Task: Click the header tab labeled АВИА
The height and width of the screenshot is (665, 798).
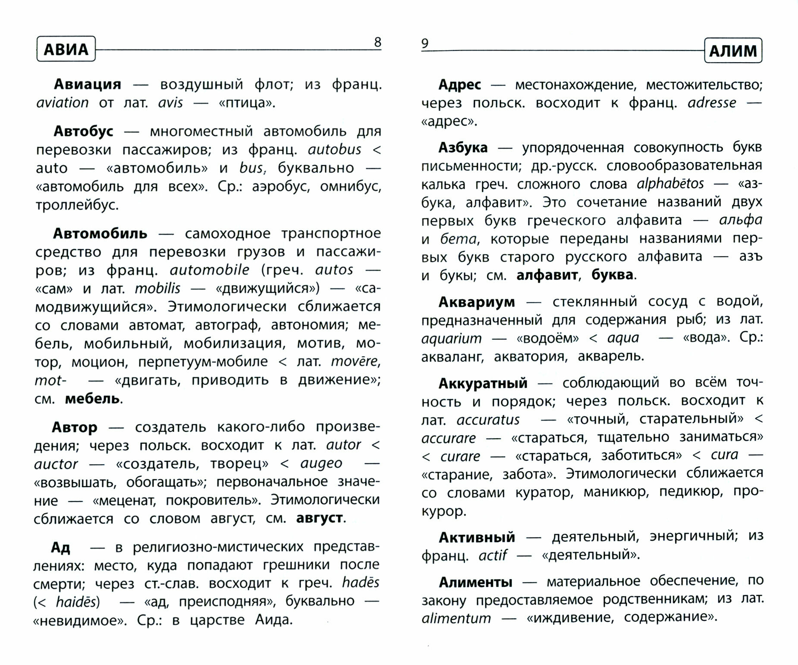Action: (66, 49)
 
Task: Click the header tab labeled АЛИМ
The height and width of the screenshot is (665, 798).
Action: (733, 51)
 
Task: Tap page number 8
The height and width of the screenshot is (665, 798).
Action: (377, 42)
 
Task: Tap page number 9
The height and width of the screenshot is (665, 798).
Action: (425, 43)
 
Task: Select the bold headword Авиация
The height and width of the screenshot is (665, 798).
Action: (87, 84)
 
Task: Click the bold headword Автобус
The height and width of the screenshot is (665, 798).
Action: (83, 131)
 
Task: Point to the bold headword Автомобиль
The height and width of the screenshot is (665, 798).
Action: (100, 233)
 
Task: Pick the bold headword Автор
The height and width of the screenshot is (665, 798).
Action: (74, 427)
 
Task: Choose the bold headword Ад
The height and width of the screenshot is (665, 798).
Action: (60, 547)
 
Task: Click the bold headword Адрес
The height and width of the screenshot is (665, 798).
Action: (459, 84)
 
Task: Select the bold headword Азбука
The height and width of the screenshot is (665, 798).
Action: (463, 147)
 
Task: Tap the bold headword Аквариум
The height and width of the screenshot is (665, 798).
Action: (477, 301)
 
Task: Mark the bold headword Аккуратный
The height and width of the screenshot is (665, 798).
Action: (483, 383)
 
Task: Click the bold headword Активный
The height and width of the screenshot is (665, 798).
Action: (477, 537)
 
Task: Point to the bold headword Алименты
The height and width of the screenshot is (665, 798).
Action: (475, 582)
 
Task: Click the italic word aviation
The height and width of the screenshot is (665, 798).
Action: (63, 103)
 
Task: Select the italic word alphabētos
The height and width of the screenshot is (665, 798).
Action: (670, 184)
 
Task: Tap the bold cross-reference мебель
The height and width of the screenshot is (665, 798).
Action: (92, 398)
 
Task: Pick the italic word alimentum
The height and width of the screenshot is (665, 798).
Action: (456, 618)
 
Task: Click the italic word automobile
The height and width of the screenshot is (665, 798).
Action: (209, 270)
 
